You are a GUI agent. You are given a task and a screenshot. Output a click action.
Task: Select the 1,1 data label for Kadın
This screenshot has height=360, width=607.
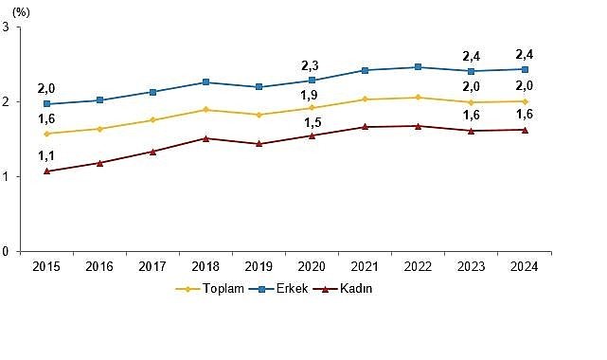pyautogui.click(x=45, y=156)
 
